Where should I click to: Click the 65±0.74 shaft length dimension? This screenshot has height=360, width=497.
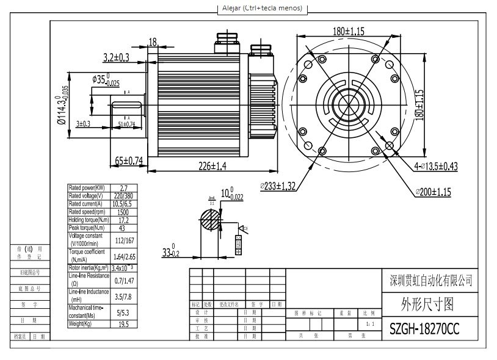[x=129, y=161]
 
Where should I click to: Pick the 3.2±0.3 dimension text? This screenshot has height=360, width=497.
[x=116, y=57]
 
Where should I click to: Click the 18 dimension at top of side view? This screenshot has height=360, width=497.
[x=153, y=41]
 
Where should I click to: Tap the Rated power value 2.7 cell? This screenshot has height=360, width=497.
[x=125, y=188]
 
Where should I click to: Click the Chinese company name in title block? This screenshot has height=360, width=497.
[x=430, y=280]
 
